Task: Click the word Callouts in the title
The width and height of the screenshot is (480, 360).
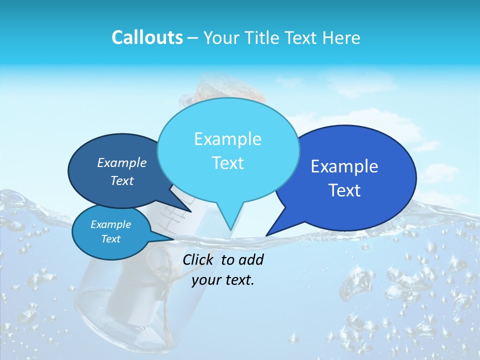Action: coord(147,37)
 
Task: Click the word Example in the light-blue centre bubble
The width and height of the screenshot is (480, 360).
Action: coord(227,139)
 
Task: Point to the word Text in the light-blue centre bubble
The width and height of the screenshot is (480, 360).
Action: coord(227,163)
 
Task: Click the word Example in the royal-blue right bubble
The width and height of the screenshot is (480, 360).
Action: coord(344,166)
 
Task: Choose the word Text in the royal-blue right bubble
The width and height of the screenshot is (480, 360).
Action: coord(344,190)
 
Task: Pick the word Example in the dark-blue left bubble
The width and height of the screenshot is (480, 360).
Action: coord(122,163)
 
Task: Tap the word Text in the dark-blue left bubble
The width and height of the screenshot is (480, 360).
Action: coord(122,180)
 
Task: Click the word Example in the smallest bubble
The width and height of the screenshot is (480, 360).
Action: coord(111,224)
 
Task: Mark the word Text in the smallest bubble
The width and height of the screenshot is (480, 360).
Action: coord(111,239)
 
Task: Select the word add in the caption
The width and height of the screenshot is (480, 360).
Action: coord(251,259)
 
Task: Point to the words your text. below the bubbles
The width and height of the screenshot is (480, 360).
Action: coord(223,280)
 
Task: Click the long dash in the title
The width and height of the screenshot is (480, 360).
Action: coord(193,38)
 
